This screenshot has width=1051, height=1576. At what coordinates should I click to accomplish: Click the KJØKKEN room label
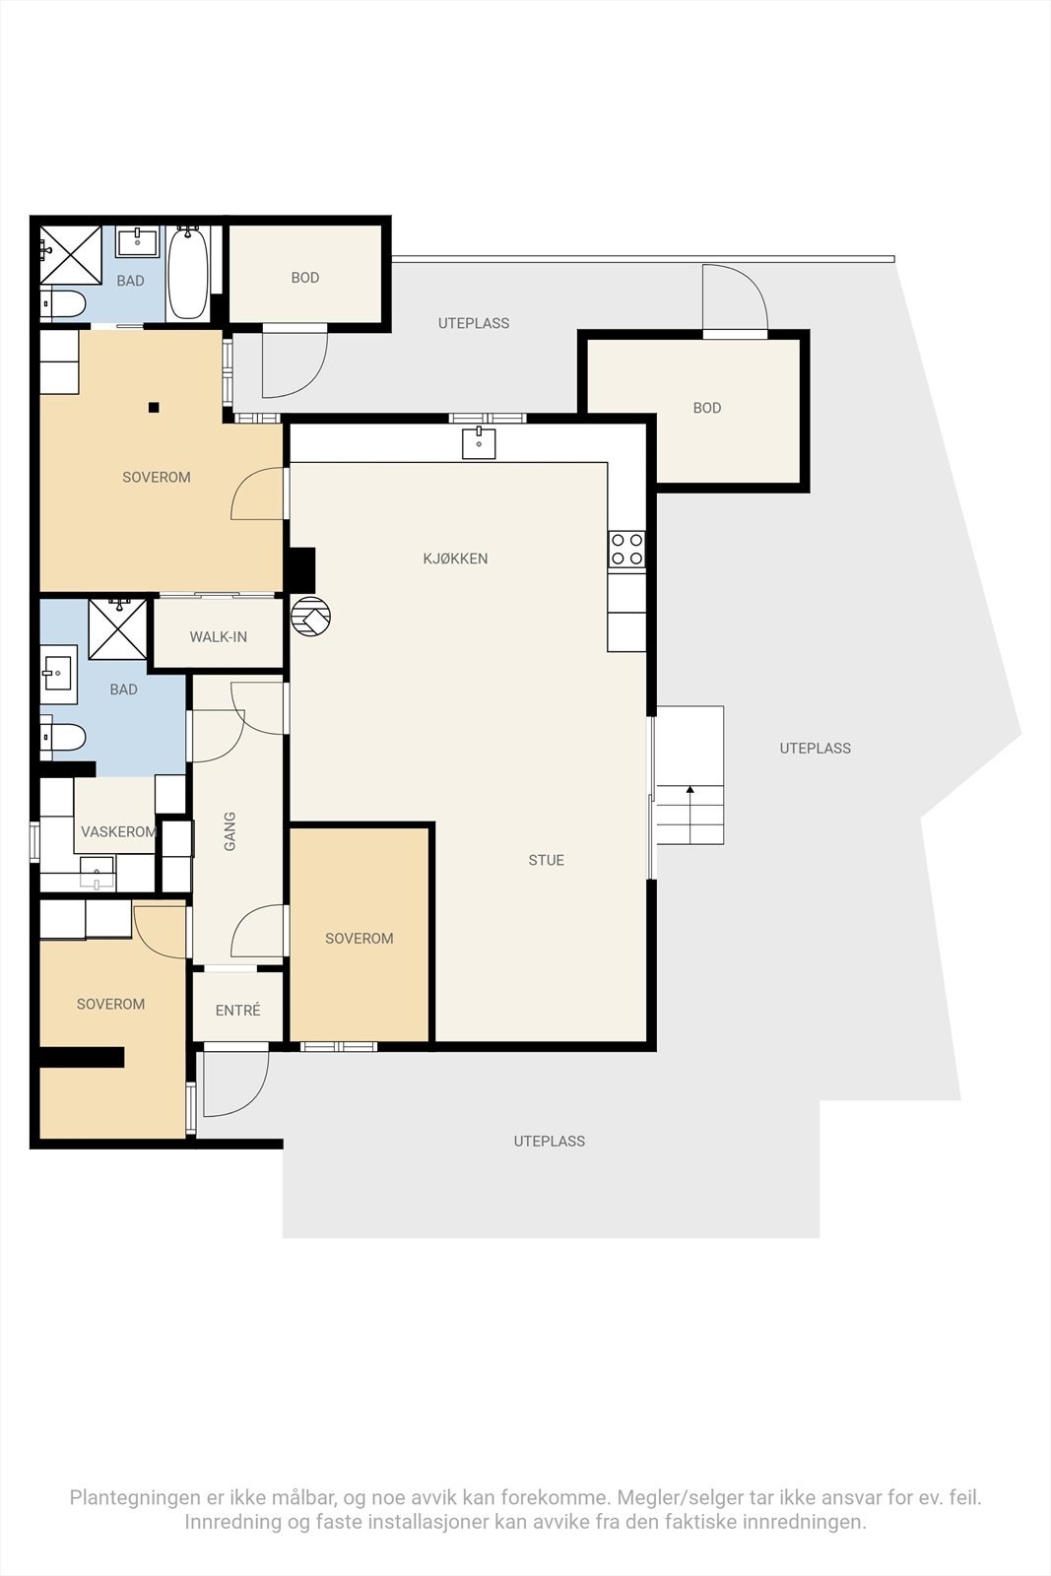(455, 558)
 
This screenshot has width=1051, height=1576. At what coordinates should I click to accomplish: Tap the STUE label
(547, 860)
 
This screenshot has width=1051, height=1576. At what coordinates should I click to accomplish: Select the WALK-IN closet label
(218, 636)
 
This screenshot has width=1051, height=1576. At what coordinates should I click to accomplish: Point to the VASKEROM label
(118, 831)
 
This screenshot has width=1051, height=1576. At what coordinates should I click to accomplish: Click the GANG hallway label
(230, 831)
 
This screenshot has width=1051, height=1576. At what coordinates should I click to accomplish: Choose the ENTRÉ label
(237, 1011)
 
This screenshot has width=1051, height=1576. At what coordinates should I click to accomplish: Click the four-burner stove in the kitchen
(626, 549)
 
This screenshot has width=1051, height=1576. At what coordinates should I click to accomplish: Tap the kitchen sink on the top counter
(479, 442)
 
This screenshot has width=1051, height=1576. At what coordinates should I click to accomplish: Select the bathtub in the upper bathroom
(188, 272)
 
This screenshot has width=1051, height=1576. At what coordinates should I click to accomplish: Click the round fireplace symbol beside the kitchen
(311, 617)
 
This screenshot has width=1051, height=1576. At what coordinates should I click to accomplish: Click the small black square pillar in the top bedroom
(154, 408)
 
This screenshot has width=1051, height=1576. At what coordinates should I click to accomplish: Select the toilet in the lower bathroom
(63, 738)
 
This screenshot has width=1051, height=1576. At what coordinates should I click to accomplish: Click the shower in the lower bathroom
(117, 629)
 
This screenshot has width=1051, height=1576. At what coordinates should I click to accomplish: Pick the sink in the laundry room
(97, 873)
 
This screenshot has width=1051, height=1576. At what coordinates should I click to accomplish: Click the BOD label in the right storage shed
(707, 408)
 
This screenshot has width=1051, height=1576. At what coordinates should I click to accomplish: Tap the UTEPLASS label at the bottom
(550, 1142)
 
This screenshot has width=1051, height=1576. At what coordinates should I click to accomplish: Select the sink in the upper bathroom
(137, 242)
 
